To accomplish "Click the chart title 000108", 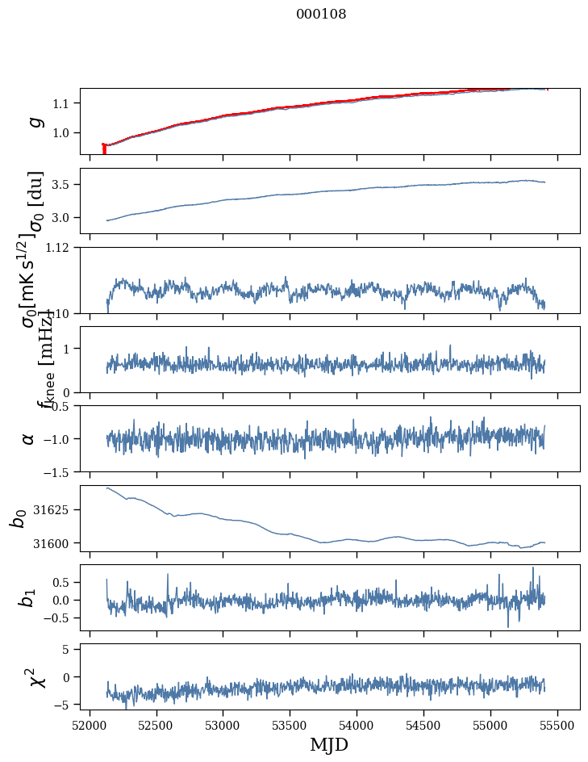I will [x=321, y=15].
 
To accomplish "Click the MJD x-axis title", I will [x=330, y=745].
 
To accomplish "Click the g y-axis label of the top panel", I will [x=35, y=121].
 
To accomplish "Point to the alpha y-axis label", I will [x=29, y=438].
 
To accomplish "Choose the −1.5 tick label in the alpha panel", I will [x=60, y=471].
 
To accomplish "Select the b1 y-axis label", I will [x=29, y=597].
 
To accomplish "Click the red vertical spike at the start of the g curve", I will [x=104, y=149].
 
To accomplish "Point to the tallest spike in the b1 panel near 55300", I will [x=532, y=568].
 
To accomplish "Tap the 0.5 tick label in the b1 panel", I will [x=65, y=582].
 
